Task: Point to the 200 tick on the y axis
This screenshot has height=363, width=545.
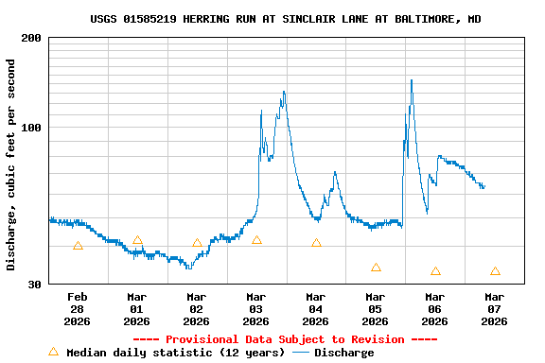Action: (31, 38)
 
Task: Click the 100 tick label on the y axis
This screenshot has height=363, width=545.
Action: (31, 128)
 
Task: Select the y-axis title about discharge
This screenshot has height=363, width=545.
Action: (11, 164)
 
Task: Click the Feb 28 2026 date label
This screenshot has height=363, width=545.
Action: (78, 308)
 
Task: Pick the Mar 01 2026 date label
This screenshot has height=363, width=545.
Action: (137, 308)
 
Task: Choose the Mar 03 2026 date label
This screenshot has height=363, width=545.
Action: (256, 308)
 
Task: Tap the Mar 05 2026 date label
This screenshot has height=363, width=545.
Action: (376, 308)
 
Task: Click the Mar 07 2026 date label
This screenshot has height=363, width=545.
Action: (495, 308)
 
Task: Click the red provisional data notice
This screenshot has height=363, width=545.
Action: (285, 339)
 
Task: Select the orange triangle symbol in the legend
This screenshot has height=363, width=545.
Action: (53, 352)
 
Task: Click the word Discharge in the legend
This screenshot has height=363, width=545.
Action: (343, 353)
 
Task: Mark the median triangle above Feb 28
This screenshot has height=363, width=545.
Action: (78, 246)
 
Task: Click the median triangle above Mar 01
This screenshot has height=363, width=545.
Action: (137, 240)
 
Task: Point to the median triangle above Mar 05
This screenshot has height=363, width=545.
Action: (376, 268)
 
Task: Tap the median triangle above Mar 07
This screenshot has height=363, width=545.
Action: (495, 271)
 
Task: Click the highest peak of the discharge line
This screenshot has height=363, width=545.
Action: (412, 80)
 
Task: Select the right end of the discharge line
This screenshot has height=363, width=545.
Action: (484, 186)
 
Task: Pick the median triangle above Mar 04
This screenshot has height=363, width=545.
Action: (316, 243)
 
